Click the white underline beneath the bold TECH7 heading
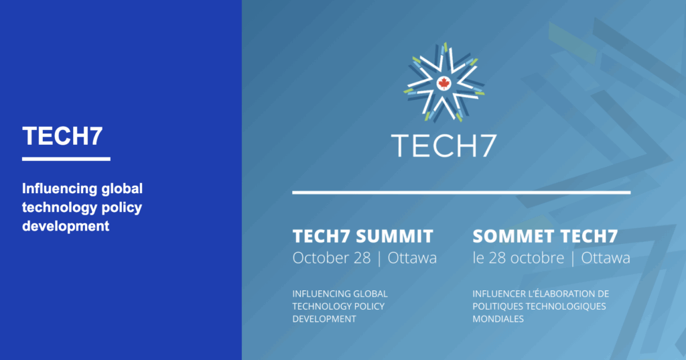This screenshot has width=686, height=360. click(x=66, y=159)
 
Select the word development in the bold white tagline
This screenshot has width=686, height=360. click(x=65, y=226)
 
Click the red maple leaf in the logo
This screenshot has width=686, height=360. click(x=443, y=84)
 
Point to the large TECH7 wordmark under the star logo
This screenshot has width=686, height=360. click(x=443, y=144)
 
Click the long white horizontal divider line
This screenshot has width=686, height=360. click(x=461, y=192)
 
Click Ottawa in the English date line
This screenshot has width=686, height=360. click(x=411, y=258)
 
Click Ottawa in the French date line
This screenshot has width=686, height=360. click(x=606, y=258)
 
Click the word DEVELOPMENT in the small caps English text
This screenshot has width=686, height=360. click(x=324, y=319)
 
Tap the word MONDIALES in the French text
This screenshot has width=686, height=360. click(x=498, y=319)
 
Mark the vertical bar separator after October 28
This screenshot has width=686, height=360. click(x=379, y=258)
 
